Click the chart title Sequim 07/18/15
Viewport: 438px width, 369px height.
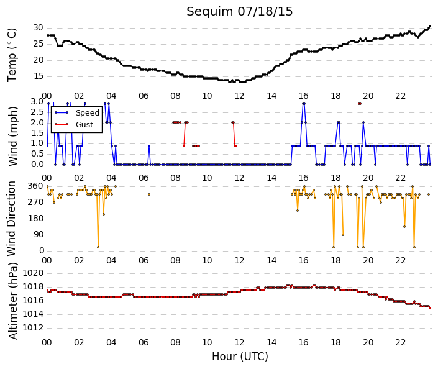tap(239, 12)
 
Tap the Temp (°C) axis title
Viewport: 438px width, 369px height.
tap(12, 55)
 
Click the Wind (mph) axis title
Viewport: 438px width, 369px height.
tap(13, 136)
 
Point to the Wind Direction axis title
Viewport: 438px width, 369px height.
tap(11, 219)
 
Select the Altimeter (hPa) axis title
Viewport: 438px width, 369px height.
tap(13, 301)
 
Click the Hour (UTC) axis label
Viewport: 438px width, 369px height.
tap(240, 357)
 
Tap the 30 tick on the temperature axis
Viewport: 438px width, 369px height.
tap(38, 28)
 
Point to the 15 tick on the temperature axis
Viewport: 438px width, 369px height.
tap(39, 76)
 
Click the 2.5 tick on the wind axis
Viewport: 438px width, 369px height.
tap(37, 112)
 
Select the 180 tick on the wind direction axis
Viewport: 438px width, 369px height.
tap(36, 218)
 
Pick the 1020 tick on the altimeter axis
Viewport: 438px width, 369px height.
tap(33, 273)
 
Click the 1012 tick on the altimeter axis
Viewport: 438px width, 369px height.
tap(33, 327)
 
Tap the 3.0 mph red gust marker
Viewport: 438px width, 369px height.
tap(360, 104)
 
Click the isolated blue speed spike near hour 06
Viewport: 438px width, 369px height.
tap(149, 146)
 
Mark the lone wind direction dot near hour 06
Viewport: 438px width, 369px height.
tap(149, 194)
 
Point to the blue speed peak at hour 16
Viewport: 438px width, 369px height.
tap(304, 104)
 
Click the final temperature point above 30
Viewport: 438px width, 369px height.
tap(430, 26)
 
